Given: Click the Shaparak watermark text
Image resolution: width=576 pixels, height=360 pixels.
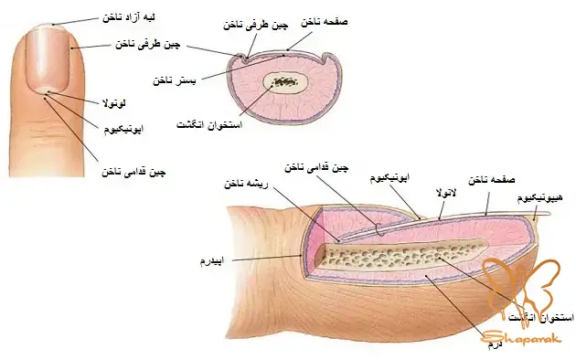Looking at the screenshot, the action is pyautogui.click(x=511, y=337).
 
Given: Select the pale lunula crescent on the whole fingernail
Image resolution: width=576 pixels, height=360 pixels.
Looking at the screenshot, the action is pyautogui.click(x=43, y=89).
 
